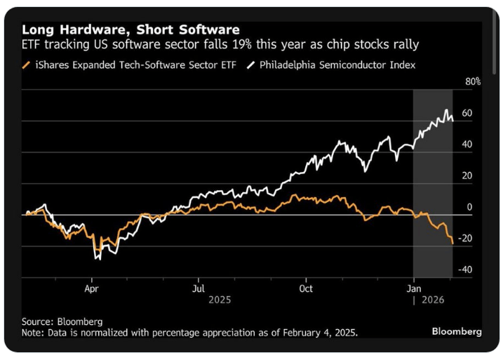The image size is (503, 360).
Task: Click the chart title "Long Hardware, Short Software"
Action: [x=130, y=30]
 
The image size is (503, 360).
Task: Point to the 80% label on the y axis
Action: [x=473, y=81]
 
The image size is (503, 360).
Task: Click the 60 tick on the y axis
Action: [x=467, y=113]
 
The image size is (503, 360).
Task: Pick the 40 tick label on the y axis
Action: [x=467, y=145]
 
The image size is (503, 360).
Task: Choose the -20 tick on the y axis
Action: [x=465, y=239]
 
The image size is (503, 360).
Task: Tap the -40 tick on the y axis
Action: [x=465, y=269]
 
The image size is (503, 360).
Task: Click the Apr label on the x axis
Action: [x=91, y=288]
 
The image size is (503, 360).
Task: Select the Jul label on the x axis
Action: [x=199, y=288]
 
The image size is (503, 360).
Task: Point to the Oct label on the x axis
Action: [x=306, y=288]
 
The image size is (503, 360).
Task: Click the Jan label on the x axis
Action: [x=414, y=288]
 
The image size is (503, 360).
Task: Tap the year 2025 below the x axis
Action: [x=220, y=300]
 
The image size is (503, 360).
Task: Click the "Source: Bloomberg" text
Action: [x=62, y=321]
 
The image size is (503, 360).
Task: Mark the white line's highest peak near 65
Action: [x=447, y=111]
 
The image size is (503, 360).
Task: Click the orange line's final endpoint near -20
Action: [x=451, y=242]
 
